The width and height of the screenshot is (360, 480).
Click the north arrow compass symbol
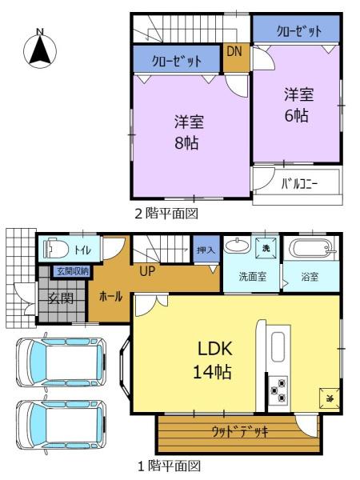40,49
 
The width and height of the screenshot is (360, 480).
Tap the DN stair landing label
234,51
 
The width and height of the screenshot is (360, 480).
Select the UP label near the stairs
147,271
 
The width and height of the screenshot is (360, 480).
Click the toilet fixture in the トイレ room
56,248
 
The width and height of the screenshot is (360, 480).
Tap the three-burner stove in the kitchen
278,390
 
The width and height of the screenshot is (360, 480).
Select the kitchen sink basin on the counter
278,346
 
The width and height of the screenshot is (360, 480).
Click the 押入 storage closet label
206,250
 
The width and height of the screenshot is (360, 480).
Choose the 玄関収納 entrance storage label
73,271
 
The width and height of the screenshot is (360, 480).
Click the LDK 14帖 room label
214,360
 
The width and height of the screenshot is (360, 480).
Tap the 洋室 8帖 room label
188,132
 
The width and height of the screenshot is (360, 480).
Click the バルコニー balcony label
299,184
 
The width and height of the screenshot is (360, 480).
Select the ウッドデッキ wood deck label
240,432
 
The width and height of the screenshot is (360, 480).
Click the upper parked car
62,362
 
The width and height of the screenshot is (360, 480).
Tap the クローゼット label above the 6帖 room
299,31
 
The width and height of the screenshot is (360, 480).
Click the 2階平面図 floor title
167,214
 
